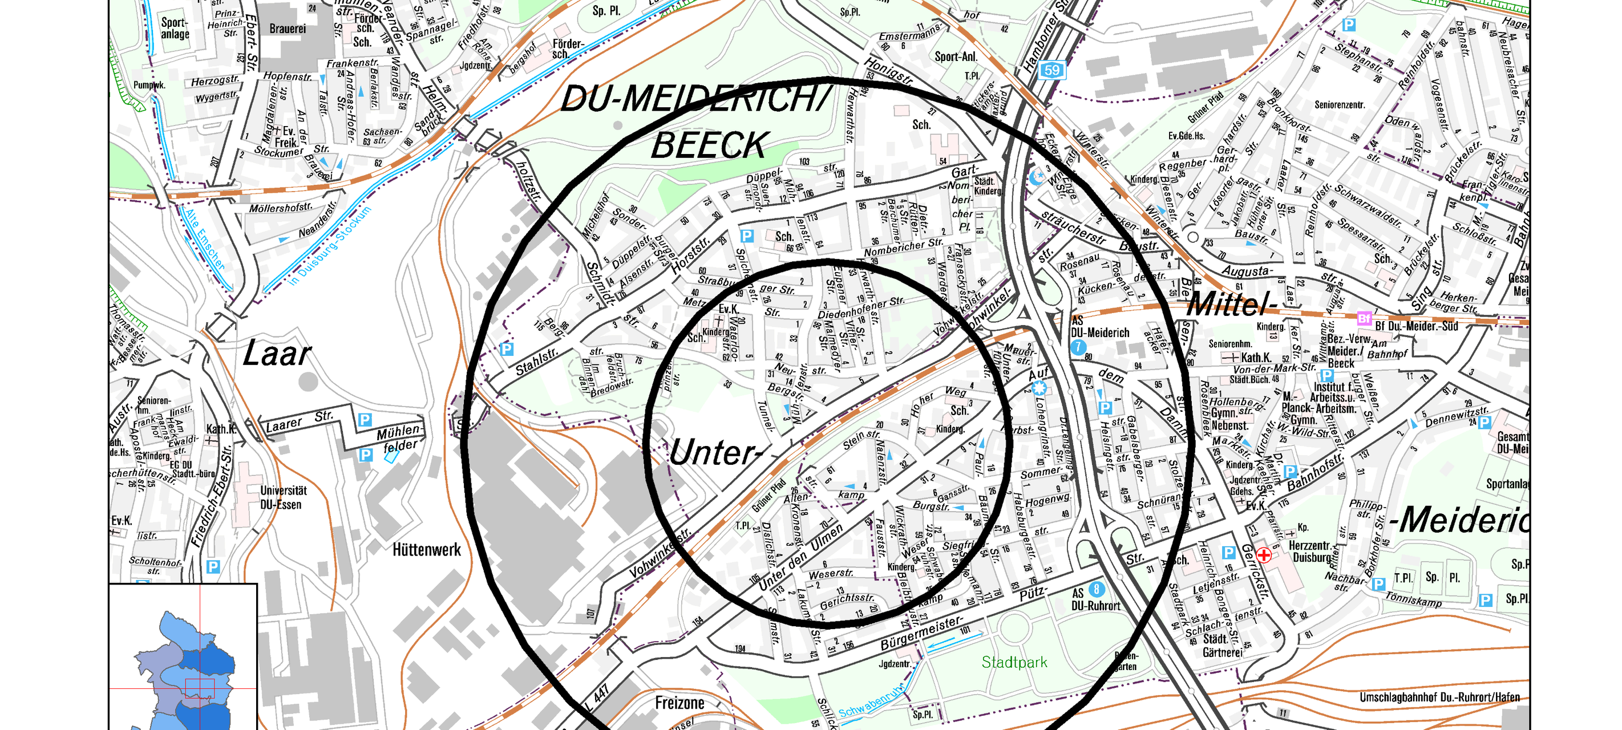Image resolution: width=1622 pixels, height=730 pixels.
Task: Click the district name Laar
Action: (x=277, y=354)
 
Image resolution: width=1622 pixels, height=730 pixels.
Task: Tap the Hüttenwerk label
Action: (x=426, y=550)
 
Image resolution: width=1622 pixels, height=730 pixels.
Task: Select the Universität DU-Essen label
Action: (x=284, y=497)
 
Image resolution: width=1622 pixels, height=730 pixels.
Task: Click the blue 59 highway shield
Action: (x=1052, y=70)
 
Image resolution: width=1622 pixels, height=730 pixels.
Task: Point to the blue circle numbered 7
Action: (x=1078, y=347)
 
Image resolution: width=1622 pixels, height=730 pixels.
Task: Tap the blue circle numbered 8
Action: (x=1096, y=589)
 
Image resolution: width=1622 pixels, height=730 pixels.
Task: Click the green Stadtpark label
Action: (x=1014, y=662)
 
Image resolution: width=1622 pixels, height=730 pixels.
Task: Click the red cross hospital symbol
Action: (x=1263, y=555)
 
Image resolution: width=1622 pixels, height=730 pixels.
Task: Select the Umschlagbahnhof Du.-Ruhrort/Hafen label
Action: (x=1439, y=697)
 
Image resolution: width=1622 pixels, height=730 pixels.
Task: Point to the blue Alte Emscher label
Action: (x=204, y=239)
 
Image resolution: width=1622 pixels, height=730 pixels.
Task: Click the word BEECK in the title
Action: (x=709, y=145)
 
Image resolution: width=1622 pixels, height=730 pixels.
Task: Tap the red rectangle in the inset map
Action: (x=200, y=688)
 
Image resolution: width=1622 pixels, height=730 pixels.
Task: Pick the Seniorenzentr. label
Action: (x=1339, y=105)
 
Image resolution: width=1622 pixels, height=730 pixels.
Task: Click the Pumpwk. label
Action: (x=149, y=85)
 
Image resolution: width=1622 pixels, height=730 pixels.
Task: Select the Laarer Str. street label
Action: (x=300, y=421)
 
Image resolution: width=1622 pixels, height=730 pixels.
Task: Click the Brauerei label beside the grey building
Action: (x=288, y=29)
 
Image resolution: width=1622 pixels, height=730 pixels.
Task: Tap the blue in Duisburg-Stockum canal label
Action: (x=330, y=246)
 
